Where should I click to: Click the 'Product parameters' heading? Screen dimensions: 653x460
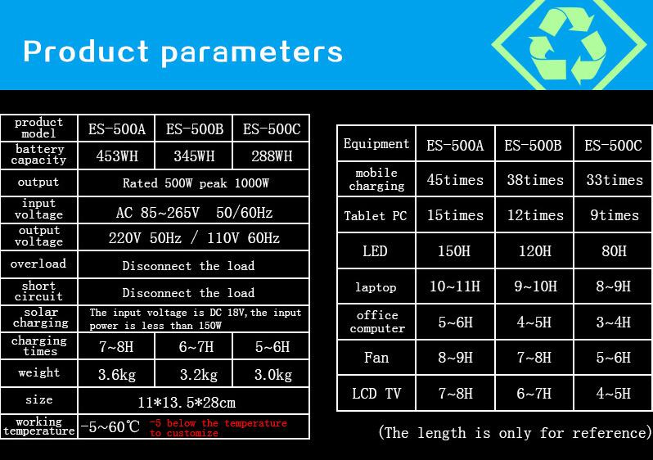coord(182,52)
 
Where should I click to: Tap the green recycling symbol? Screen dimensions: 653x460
coord(568,43)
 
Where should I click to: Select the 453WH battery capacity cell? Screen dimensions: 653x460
coord(116,156)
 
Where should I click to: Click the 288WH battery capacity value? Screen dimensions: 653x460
coord(272,156)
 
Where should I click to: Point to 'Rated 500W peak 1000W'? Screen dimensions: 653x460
coord(196,183)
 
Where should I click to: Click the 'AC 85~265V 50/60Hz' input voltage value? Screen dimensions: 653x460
coord(194,213)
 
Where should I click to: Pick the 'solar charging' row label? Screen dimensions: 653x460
coord(40,318)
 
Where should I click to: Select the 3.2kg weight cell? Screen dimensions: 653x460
coord(199,375)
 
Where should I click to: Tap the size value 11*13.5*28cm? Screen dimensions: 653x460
coord(187,403)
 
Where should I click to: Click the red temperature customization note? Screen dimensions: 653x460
coord(218,428)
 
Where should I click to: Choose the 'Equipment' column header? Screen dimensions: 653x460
coord(376,144)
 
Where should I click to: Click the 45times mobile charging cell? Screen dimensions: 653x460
coord(455,180)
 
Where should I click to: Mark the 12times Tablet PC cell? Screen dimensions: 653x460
coord(535,215)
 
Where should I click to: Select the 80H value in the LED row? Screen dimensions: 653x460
coord(614,251)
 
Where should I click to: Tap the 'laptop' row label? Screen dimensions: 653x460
coord(376,287)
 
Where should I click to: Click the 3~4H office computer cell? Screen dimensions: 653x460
coord(614,322)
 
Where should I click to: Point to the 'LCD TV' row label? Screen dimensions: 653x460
coord(376,394)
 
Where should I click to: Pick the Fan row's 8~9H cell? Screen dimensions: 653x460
coord(455,358)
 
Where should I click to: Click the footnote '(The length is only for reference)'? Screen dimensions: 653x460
coord(516,433)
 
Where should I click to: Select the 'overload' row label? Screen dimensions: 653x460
coord(38,264)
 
